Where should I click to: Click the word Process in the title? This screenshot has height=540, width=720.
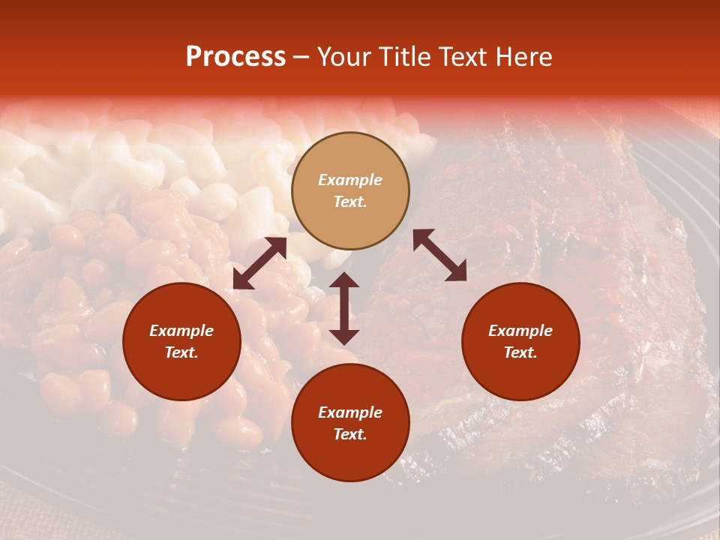pos(235,57)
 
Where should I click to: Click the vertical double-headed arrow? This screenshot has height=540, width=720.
pos(344,308)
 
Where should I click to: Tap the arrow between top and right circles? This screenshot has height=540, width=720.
pos(439,255)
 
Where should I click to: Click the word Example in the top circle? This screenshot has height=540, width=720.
pos(350,180)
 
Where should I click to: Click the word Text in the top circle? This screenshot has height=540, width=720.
pos(350,202)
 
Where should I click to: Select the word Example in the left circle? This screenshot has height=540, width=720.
pos(181,331)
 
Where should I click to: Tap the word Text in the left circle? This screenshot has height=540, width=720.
pos(181,352)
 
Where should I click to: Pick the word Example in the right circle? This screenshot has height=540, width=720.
pos(520,331)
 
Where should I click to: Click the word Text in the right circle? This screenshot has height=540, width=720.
pos(520,352)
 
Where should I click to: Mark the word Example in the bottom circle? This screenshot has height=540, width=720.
pos(350,412)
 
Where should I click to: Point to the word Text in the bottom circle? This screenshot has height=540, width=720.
pos(350,434)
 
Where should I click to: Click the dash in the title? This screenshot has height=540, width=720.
pos(301,58)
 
